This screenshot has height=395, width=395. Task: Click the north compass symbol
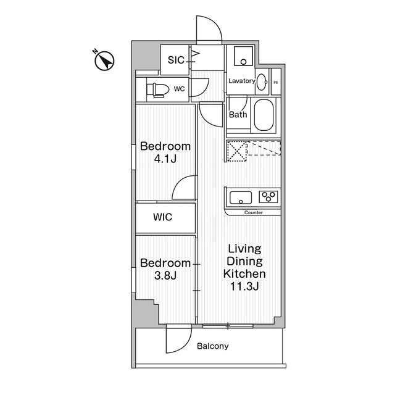pos(104,60)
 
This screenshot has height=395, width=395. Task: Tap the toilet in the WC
pos(157,90)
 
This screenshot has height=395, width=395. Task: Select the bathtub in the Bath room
pos(264,115)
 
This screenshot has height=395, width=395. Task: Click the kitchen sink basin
pos(241,197)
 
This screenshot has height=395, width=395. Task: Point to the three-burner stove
pos(268,196)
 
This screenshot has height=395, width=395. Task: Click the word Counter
pos(254,212)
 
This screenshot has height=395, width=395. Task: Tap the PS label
pos(276,82)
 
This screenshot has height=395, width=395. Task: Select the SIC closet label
pos(176,60)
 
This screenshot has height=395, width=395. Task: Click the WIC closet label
pos(163,217)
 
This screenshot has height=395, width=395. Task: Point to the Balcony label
pos(212,346)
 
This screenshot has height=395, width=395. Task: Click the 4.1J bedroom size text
pos(165,159)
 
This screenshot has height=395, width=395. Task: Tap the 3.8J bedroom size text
pos(165,276)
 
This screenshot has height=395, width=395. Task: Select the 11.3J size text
pos(244,286)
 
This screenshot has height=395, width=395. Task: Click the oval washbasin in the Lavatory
pos(262,81)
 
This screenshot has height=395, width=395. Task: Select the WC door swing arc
pos(204,90)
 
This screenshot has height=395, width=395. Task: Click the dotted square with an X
pos(237,151)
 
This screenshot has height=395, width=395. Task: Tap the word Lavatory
pos(242,81)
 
